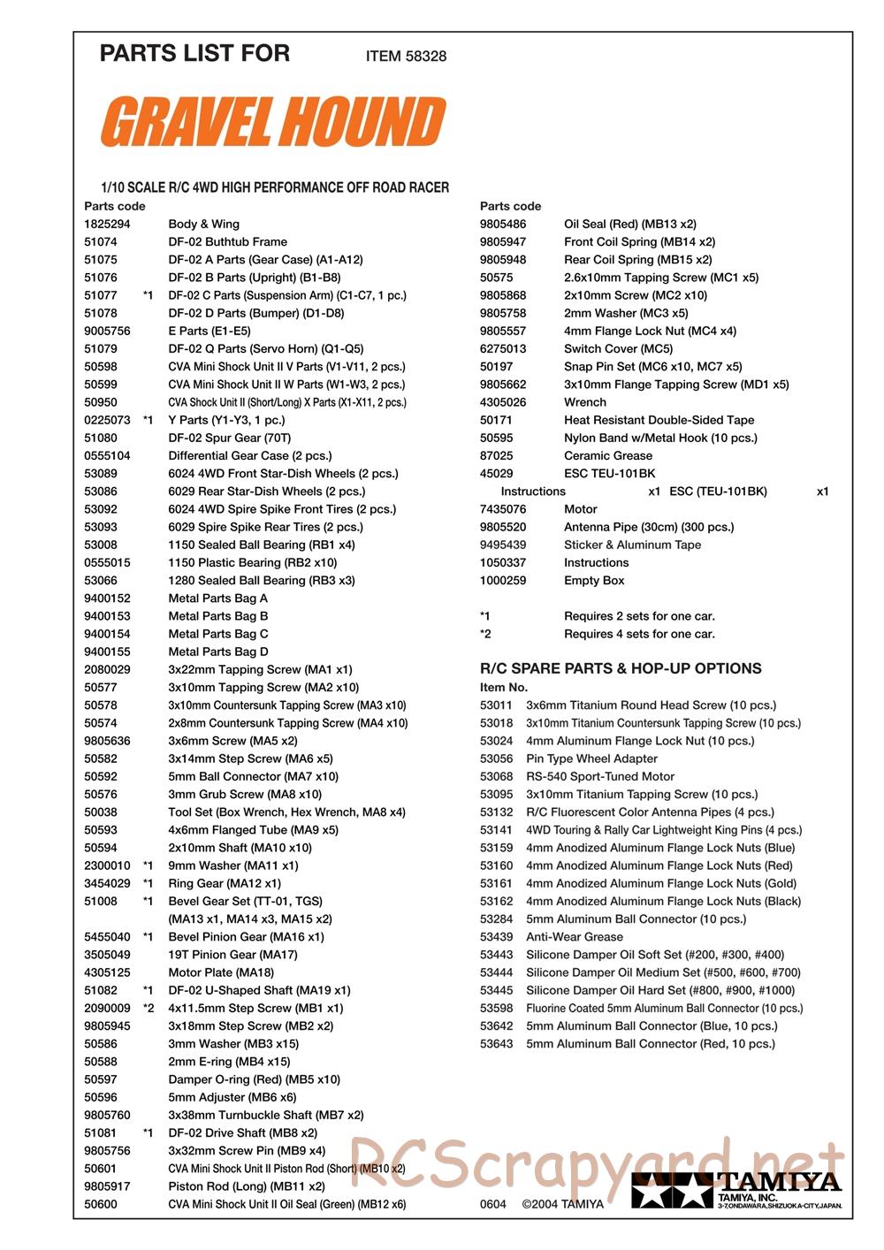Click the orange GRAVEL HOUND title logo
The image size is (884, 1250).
coord(272,122)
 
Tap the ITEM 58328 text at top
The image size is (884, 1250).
coord(406,56)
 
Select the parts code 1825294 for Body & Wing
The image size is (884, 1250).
coord(107,225)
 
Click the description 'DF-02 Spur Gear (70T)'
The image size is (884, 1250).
coord(229,438)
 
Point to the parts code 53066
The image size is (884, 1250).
coord(101,581)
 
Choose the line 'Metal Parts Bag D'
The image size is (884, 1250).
coord(217,652)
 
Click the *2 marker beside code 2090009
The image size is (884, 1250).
coord(149,1009)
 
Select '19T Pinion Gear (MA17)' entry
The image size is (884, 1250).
coord(232,955)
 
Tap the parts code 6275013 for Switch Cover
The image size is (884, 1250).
coord(503,349)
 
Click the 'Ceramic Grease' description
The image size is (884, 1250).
coord(607,456)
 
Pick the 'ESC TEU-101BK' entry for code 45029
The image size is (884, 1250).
coord(609,474)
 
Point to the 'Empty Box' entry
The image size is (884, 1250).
coord(594,581)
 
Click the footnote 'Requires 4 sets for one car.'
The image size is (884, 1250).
coord(639,634)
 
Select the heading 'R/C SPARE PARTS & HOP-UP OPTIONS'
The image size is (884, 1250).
coord(621,668)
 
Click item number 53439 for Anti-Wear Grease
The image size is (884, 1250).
coord(496,937)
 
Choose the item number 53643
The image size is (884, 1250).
coord(496,1044)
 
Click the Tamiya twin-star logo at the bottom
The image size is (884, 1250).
coord(672,1191)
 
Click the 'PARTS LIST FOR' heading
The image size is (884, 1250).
coord(194,53)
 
